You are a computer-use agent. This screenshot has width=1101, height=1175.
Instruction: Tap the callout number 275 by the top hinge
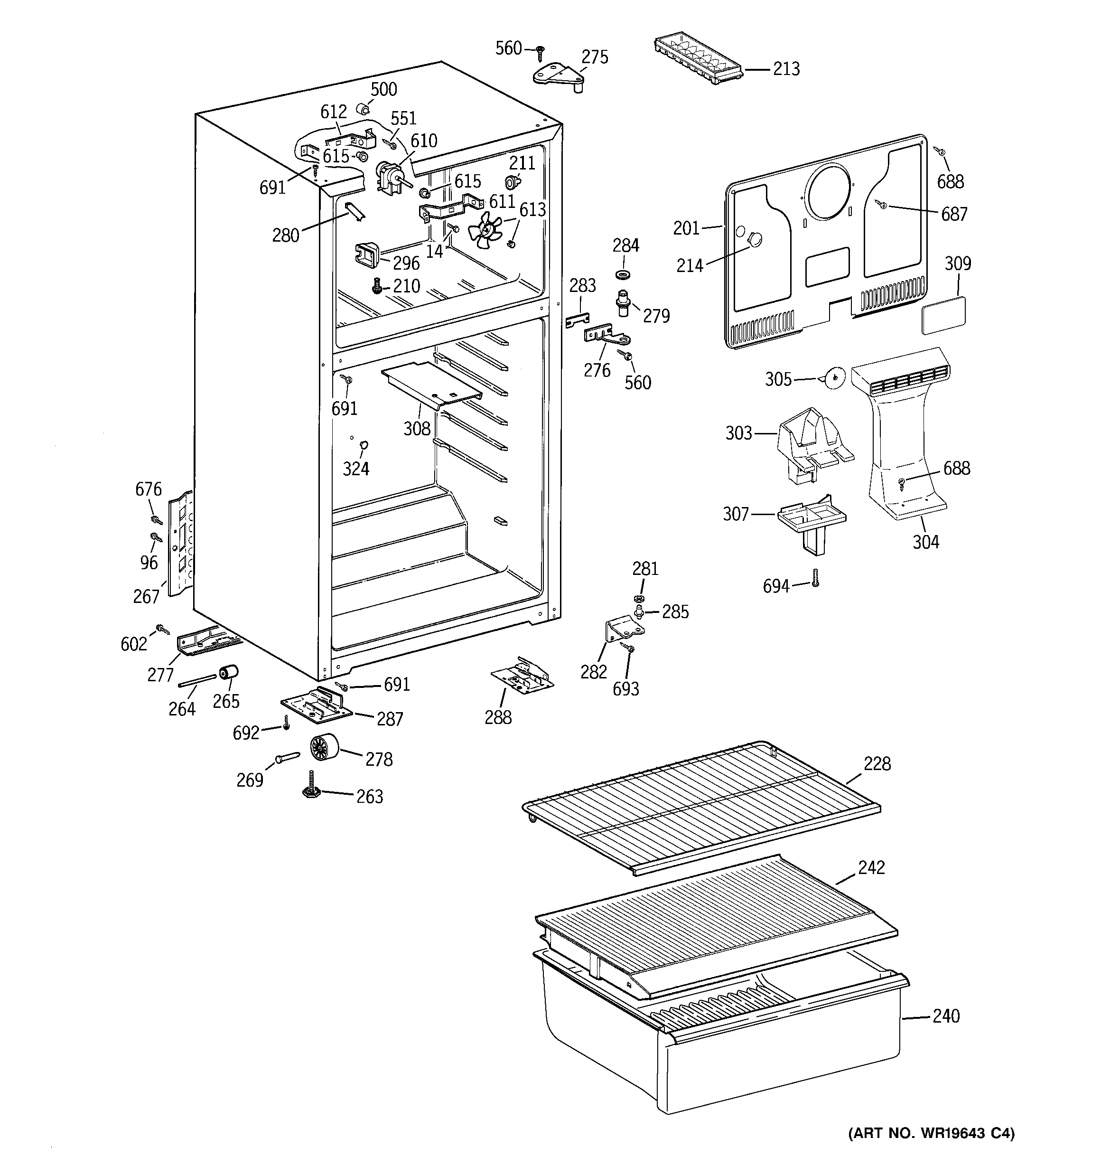595,57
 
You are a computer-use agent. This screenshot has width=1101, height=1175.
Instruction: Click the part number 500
383,89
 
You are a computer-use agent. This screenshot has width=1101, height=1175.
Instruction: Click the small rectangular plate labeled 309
944,312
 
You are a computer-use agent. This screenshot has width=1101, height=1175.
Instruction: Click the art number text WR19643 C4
932,1134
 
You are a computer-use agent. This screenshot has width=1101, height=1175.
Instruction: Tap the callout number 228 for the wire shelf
877,764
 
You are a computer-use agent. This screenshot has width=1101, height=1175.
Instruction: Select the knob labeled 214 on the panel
754,239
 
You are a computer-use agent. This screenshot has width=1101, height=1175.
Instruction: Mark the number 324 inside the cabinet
356,469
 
